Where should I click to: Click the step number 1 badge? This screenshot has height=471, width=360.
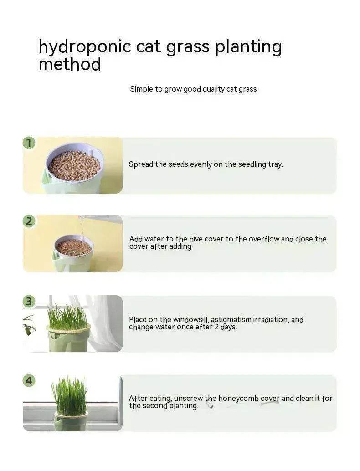(29, 143)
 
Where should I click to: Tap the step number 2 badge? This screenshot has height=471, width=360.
(29, 222)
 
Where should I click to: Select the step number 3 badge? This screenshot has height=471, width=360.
(29, 301)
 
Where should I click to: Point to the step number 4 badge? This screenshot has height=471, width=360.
(29, 380)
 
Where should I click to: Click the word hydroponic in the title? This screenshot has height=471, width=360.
(79, 47)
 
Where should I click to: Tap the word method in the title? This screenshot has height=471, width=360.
(70, 65)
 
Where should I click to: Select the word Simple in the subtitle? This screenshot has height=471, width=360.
(141, 89)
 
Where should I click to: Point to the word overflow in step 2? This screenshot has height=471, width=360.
(263, 239)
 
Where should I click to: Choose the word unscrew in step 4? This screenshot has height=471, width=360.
(188, 399)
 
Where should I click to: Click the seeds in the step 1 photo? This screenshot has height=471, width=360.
(74, 165)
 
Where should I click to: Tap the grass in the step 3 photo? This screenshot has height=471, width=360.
(67, 317)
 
